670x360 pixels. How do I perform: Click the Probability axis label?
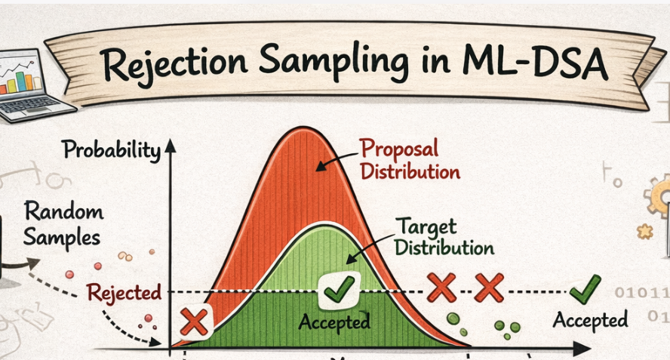click(112, 150)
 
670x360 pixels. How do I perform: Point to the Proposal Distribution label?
click(409, 158)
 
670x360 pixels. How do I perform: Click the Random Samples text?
click(62, 223)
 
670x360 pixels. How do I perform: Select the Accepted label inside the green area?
click(334, 322)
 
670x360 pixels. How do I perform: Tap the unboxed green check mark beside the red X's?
click(585, 289)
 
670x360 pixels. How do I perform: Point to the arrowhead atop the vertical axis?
click(172, 146)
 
